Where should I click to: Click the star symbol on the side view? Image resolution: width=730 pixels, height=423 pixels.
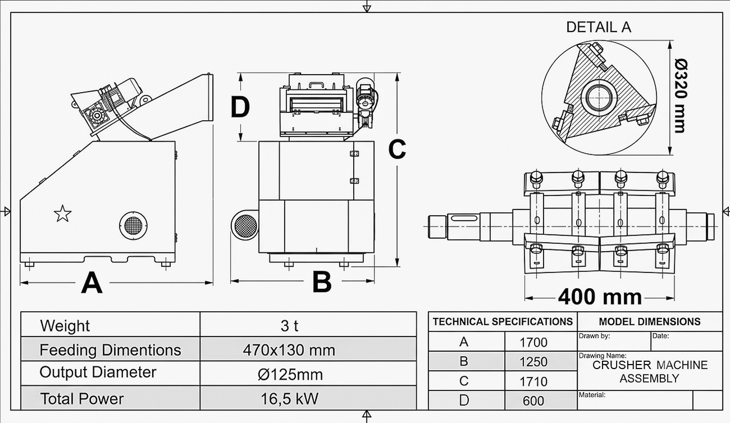[62, 213]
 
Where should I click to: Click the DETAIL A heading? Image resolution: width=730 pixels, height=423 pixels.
[599, 27]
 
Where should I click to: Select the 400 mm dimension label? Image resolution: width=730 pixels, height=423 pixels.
[600, 297]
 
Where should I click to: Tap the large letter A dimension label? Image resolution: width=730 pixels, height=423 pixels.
[92, 283]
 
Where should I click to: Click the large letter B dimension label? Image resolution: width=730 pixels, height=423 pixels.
[322, 282]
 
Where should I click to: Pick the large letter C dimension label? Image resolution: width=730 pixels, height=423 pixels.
[397, 149]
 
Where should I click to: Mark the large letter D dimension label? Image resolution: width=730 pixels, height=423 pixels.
[240, 107]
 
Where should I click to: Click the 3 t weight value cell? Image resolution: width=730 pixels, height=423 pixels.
[289, 325]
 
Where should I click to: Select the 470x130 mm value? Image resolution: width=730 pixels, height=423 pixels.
[289, 351]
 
